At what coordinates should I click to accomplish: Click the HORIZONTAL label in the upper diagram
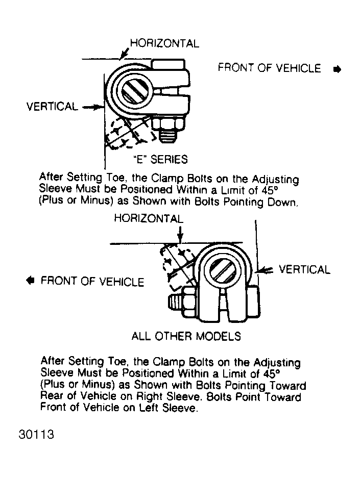(164, 43)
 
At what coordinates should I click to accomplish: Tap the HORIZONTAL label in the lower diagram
(148, 218)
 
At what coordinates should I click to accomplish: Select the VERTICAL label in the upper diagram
(52, 107)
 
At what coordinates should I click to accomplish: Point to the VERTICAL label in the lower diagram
(304, 269)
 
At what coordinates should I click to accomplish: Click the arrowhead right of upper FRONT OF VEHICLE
(337, 69)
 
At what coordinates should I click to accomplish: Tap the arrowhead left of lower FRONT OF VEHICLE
(31, 280)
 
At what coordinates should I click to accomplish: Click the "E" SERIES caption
(160, 159)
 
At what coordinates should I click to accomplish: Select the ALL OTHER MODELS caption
(186, 336)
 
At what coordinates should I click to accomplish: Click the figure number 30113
(37, 436)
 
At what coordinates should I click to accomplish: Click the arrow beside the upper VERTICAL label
(92, 107)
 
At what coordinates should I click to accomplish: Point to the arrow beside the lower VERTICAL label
(267, 270)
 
